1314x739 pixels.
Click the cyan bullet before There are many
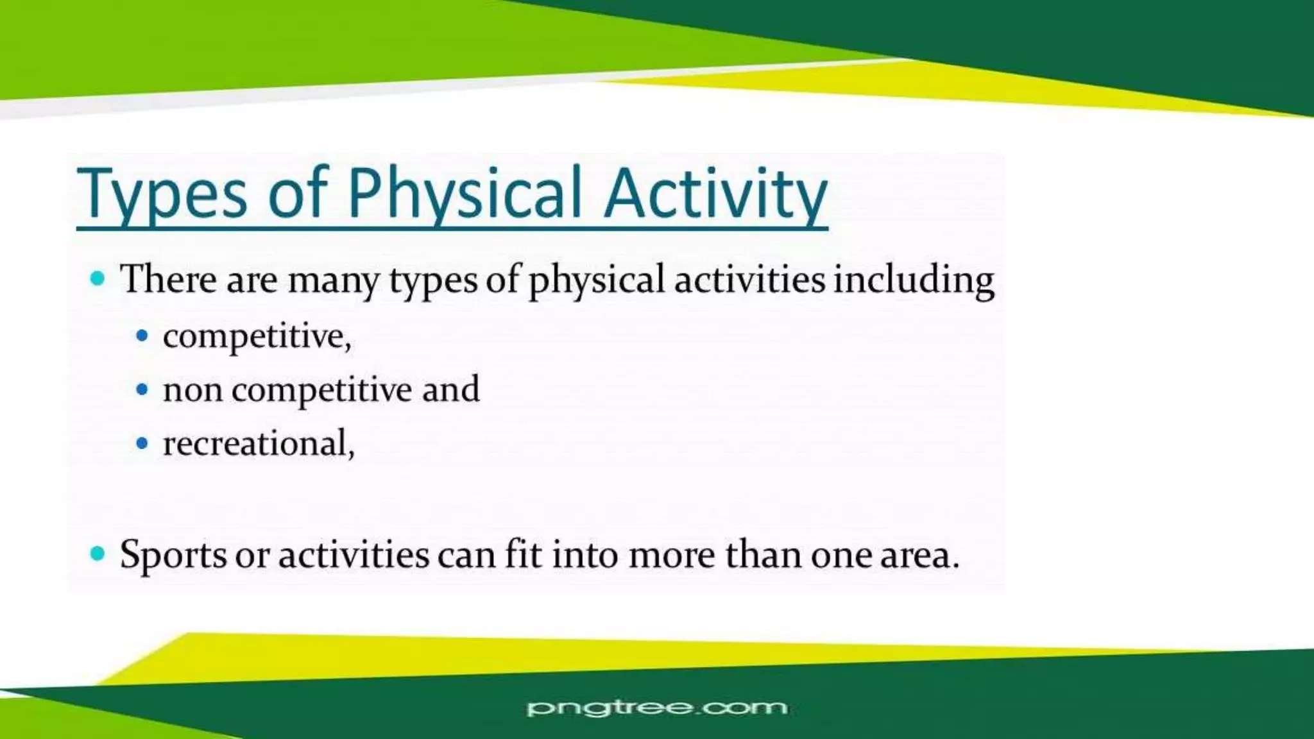[98, 278]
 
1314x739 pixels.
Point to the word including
[914, 280]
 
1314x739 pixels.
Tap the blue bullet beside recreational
[142, 443]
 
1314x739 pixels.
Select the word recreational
[258, 443]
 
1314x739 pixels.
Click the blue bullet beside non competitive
[142, 389]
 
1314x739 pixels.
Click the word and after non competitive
[450, 389]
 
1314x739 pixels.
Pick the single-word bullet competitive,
[257, 336]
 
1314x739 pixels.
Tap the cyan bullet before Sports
[98, 553]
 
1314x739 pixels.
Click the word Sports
[173, 554]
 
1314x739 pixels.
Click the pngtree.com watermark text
[656, 708]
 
